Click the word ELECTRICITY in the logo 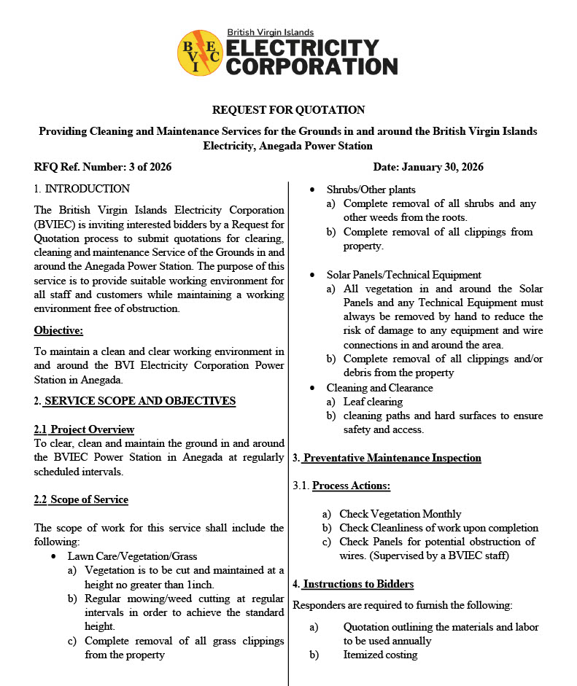point(303,48)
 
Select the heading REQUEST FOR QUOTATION point(288,110)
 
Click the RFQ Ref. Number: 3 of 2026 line point(103,167)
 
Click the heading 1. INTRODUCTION point(82,189)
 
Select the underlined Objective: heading point(58,330)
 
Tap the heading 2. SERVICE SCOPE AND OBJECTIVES point(135,401)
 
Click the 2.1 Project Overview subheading point(84,429)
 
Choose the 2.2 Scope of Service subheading point(81,499)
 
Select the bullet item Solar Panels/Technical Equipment point(403,275)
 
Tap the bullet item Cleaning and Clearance point(379,388)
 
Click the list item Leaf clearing point(373,402)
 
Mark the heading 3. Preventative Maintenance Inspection point(387,458)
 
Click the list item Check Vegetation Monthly point(400,514)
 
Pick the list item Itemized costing point(380,655)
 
